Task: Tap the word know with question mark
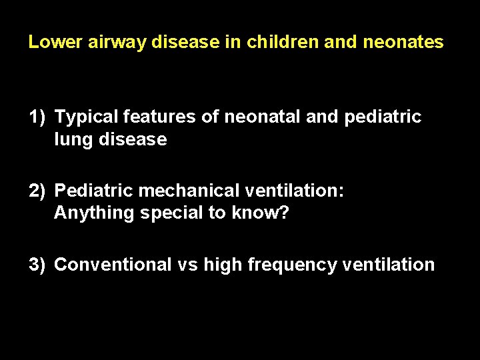pyautogui.click(x=263, y=213)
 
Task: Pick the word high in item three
pyautogui.click(x=223, y=265)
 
